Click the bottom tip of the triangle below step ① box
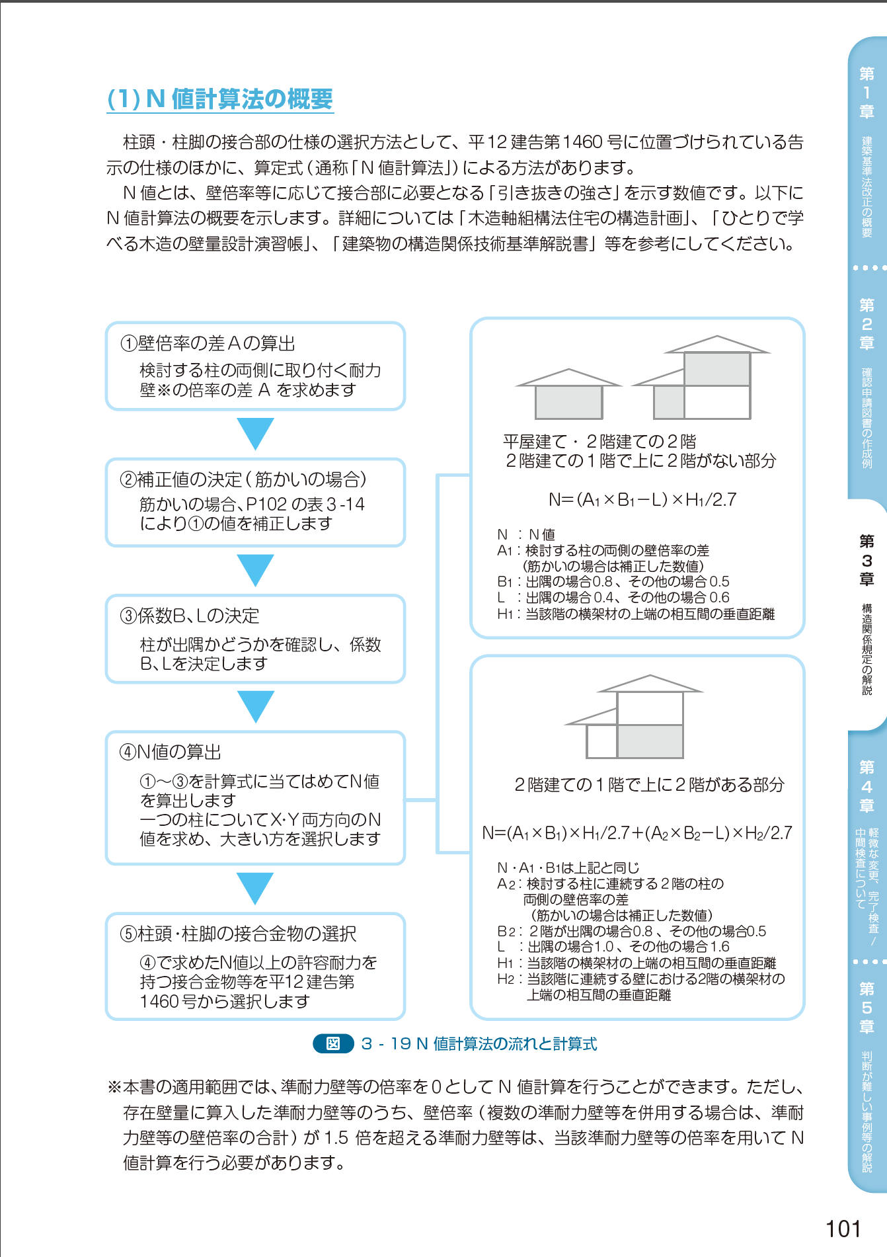256,450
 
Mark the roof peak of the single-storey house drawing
568,369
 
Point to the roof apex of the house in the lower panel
650,675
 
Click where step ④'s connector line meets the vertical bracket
437,800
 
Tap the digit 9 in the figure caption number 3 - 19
406,1043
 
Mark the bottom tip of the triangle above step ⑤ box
256,905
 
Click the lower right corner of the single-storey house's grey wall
602,419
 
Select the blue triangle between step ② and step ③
256,571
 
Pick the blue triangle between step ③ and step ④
256,707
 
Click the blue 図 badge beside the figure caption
333,1043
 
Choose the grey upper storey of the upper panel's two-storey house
717,369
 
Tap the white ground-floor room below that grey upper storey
717,402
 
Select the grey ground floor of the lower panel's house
650,741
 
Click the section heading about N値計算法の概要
220,99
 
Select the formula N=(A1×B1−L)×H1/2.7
642,500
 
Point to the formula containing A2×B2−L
637,833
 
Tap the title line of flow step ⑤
238,934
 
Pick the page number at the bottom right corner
843,1229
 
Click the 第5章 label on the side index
867,1008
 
